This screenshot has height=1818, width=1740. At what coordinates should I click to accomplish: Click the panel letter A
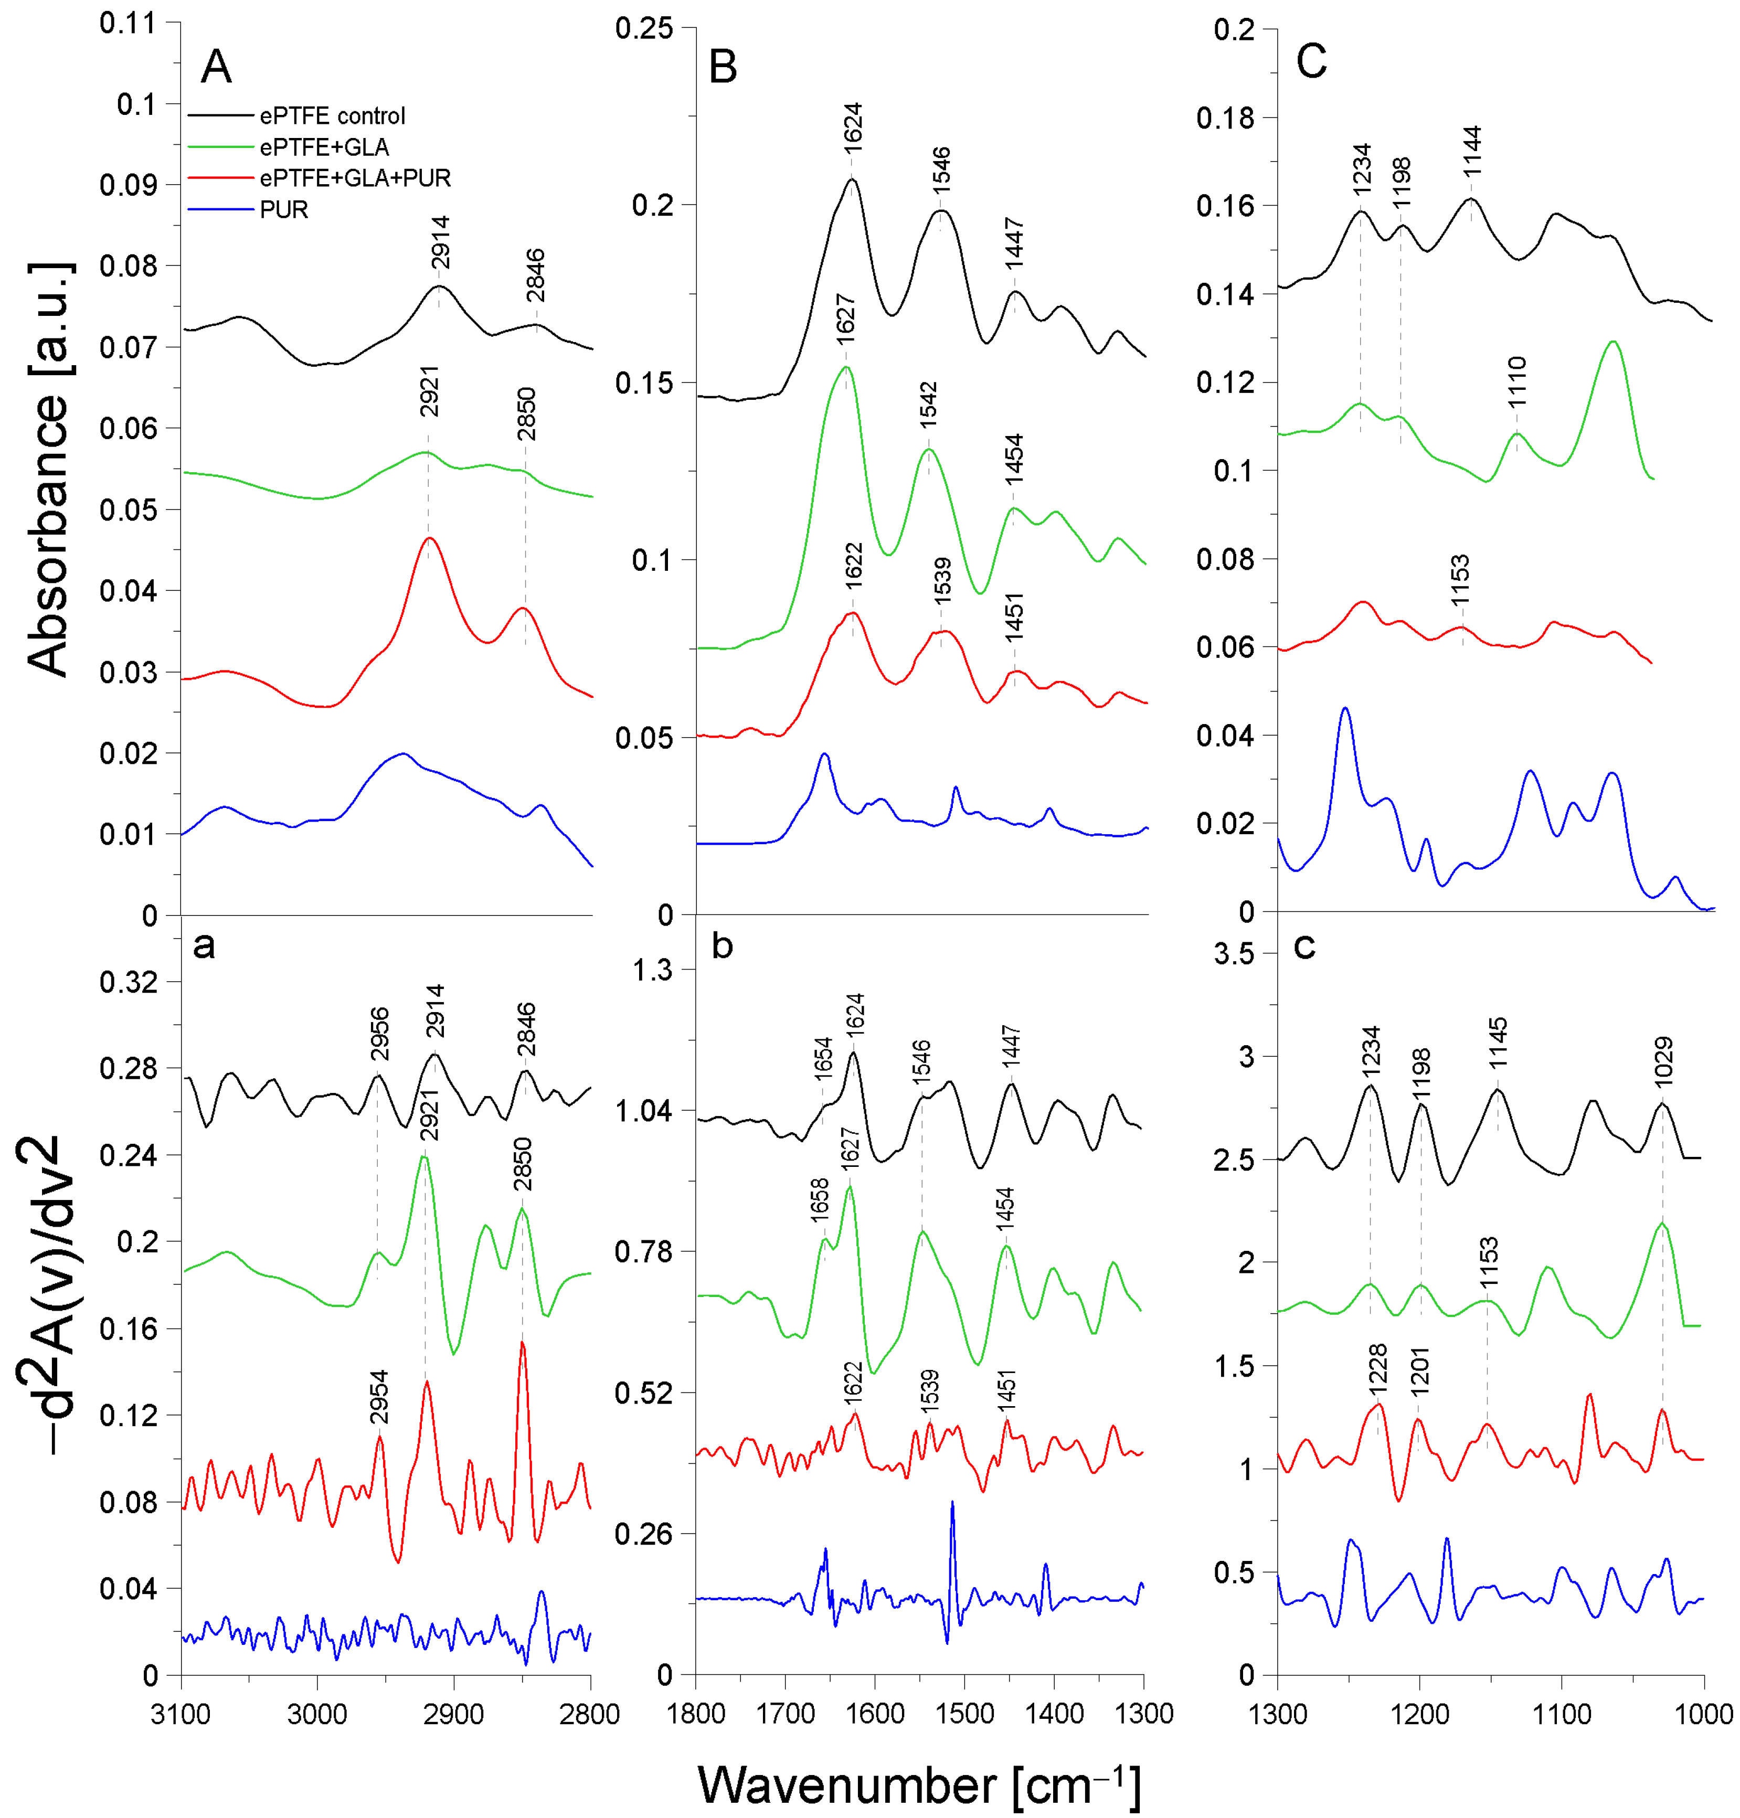tap(216, 67)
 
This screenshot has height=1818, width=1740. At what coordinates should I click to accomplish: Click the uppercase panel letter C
tap(1311, 62)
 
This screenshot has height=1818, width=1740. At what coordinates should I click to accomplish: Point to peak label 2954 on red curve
tap(378, 1397)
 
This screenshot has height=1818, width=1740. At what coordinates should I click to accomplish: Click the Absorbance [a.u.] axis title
tap(48, 469)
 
